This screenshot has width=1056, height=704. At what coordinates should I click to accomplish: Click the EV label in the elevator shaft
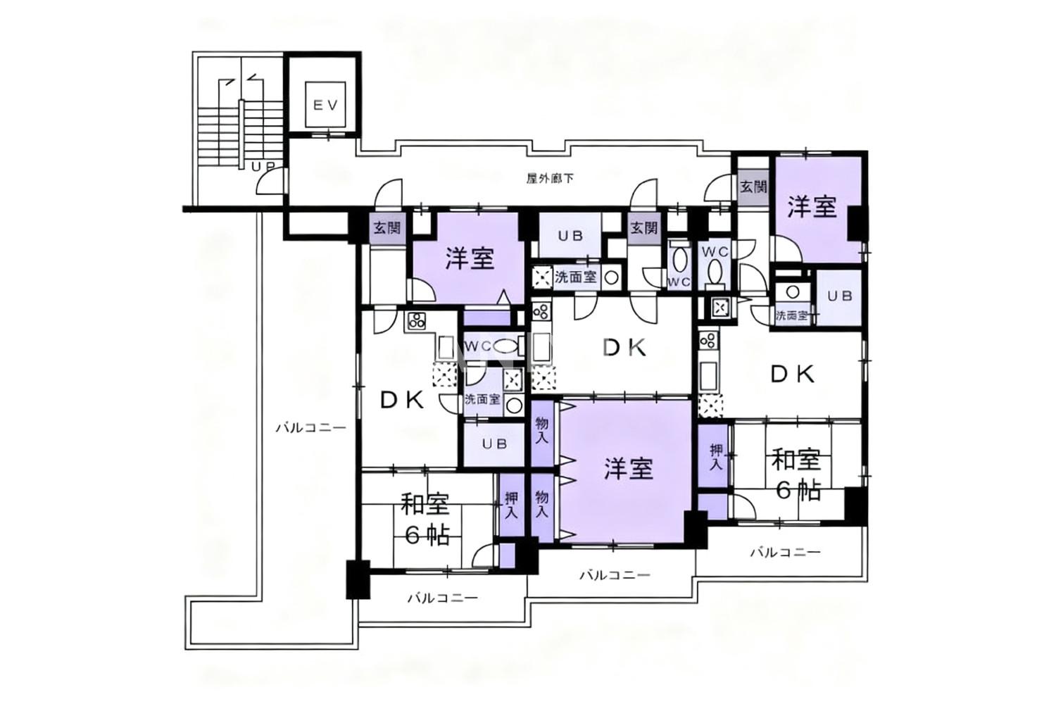[325, 105]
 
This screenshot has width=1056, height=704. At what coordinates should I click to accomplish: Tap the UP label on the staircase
[263, 166]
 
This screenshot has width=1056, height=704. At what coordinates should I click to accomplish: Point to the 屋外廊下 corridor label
[550, 179]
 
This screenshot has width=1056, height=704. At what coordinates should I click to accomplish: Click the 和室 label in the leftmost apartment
[425, 505]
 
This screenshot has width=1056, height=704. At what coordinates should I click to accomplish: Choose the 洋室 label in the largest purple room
[629, 468]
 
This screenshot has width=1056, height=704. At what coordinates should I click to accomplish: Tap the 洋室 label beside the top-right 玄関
[812, 207]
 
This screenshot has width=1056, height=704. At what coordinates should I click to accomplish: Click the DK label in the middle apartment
[624, 348]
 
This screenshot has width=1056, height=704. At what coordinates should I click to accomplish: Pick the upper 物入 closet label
[541, 430]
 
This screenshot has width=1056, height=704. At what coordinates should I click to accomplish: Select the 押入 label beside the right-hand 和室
[716, 456]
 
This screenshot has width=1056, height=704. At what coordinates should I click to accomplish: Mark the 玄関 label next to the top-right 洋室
[753, 187]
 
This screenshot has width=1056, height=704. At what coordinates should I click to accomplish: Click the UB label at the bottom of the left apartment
[494, 444]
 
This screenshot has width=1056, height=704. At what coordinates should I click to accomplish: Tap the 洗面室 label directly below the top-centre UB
[576, 277]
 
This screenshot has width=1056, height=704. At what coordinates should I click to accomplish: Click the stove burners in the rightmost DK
[708, 339]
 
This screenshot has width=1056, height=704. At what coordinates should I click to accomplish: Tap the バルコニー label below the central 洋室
[615, 574]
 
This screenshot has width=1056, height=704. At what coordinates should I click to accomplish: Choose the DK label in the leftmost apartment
[402, 401]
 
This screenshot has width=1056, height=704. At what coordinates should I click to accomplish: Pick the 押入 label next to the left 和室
[511, 506]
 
